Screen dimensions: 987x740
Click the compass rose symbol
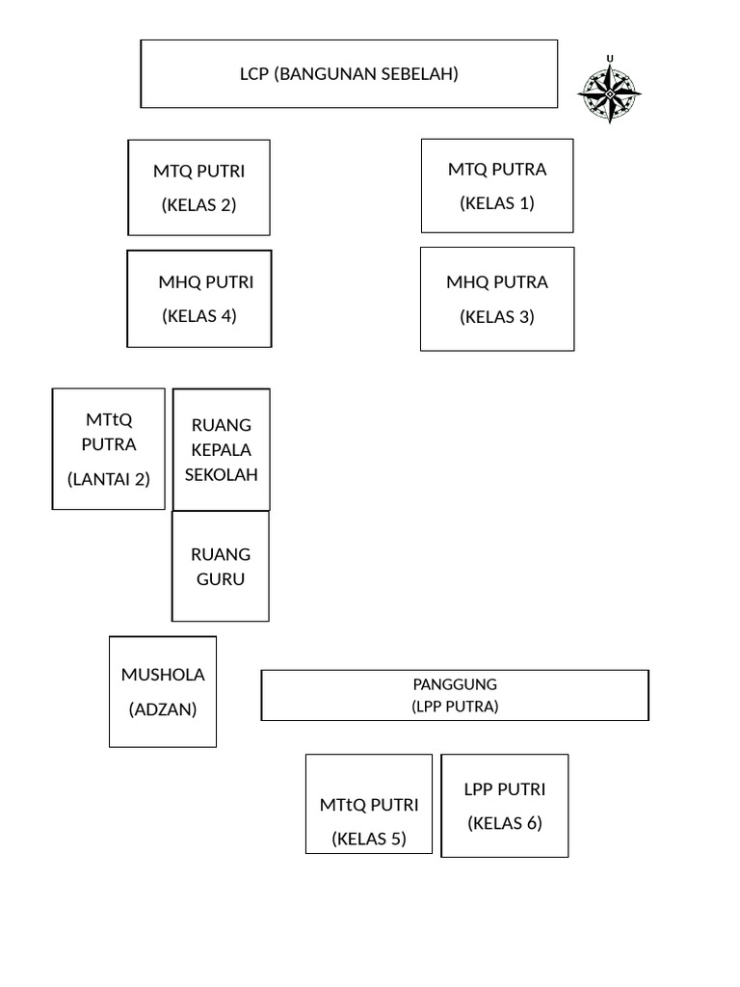click(x=609, y=93)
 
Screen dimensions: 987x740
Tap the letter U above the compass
click(x=609, y=59)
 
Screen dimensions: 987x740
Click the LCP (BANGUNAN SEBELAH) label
click(x=349, y=73)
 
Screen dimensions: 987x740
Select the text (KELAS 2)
click(x=198, y=204)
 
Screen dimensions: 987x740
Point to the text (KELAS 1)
click(x=497, y=202)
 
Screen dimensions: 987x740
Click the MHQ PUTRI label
click(x=205, y=282)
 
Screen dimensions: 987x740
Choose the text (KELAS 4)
click(x=198, y=315)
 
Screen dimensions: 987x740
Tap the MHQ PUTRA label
click(x=497, y=282)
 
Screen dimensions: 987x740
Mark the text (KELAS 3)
click(x=497, y=316)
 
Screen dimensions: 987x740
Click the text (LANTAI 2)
click(x=109, y=478)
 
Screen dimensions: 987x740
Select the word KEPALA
click(x=221, y=450)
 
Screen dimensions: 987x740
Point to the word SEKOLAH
click(x=221, y=474)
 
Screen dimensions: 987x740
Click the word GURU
click(x=221, y=579)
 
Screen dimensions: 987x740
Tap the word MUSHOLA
click(x=163, y=675)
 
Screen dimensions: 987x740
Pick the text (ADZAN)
click(x=163, y=709)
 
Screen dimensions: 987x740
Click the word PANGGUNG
click(x=455, y=684)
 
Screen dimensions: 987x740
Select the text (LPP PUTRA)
click(x=455, y=706)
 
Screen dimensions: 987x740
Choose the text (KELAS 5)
click(x=369, y=839)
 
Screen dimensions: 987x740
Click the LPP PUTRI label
click(x=505, y=789)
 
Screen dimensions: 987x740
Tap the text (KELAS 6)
click(x=505, y=823)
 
